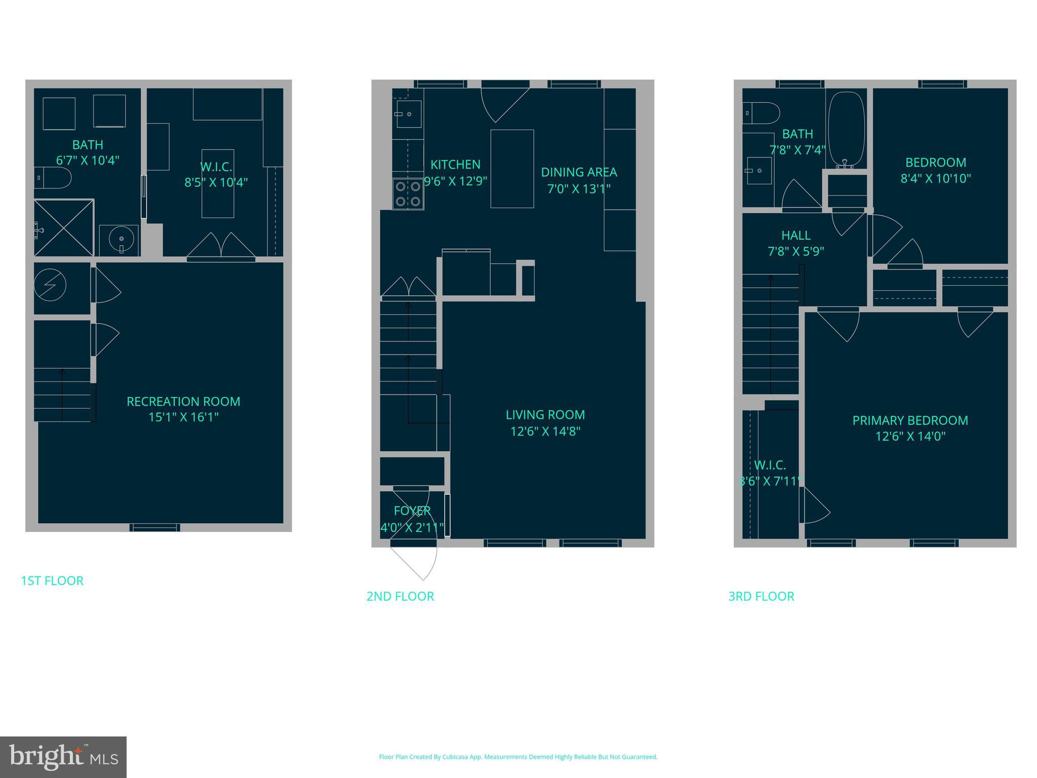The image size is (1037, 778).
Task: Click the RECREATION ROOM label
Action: tap(183, 402)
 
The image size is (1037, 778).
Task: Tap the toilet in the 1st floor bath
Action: tap(54, 178)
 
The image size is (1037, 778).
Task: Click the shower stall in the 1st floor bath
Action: tap(64, 228)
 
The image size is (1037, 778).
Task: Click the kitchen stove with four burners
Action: tap(408, 194)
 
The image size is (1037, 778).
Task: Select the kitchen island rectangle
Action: tap(512, 169)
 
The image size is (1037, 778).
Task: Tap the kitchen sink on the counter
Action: tap(408, 114)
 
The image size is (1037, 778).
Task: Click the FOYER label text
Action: tap(412, 511)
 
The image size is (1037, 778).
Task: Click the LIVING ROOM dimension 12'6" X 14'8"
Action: tap(545, 431)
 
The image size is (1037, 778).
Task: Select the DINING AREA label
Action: tap(579, 172)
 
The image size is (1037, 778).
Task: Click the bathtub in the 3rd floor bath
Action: tap(846, 129)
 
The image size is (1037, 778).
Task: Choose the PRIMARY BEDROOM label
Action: tap(910, 420)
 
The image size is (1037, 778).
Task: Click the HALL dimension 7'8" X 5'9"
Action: tap(796, 251)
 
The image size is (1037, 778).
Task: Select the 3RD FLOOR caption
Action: tap(761, 596)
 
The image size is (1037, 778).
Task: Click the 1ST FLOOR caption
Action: tap(52, 580)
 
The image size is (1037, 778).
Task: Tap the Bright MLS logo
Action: tap(63, 757)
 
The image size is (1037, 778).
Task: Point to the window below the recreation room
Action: tap(155, 528)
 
